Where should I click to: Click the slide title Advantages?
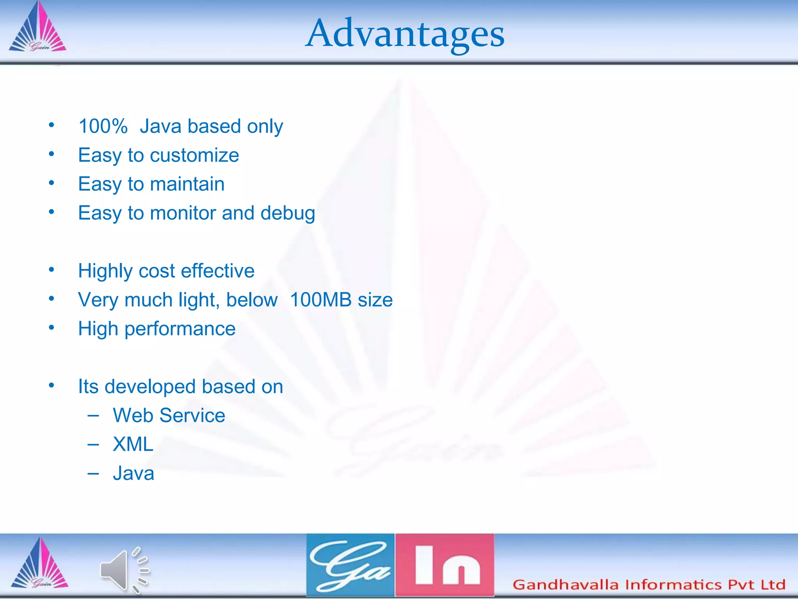pyautogui.click(x=404, y=34)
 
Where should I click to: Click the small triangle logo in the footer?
pyautogui.click(x=39, y=564)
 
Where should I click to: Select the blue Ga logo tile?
pyautogui.click(x=350, y=565)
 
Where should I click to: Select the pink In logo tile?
pyautogui.click(x=445, y=565)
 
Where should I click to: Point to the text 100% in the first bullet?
pyautogui.click(x=103, y=126)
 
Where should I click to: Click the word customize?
pyautogui.click(x=194, y=155)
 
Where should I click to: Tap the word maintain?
pyautogui.click(x=187, y=184)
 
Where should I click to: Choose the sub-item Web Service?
pyautogui.click(x=169, y=415)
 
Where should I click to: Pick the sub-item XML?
pyautogui.click(x=133, y=444)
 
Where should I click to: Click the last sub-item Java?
pyautogui.click(x=133, y=473)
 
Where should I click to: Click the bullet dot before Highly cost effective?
pyautogui.click(x=51, y=270)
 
